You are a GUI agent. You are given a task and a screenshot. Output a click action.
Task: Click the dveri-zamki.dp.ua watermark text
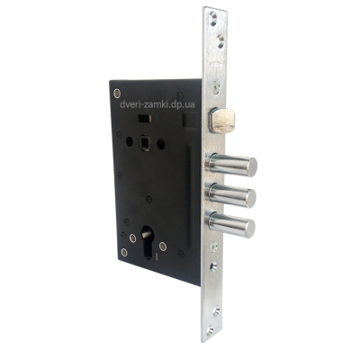[x=157, y=104]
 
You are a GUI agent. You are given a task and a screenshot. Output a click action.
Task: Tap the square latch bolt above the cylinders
[x=222, y=121]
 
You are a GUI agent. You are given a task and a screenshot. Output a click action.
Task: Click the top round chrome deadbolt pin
[x=231, y=165]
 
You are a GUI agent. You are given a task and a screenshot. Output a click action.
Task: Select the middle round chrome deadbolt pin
[x=231, y=195]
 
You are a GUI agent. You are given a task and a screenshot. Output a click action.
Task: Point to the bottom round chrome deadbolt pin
[x=230, y=224]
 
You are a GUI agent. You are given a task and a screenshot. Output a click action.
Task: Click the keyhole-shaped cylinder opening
[x=147, y=242]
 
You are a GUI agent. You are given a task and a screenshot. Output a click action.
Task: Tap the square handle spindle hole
[x=144, y=141]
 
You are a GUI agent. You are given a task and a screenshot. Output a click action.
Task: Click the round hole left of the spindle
[x=130, y=141]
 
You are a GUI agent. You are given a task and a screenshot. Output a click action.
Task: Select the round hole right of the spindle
[x=161, y=144]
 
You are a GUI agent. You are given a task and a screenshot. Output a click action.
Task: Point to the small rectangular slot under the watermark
[x=144, y=119]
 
